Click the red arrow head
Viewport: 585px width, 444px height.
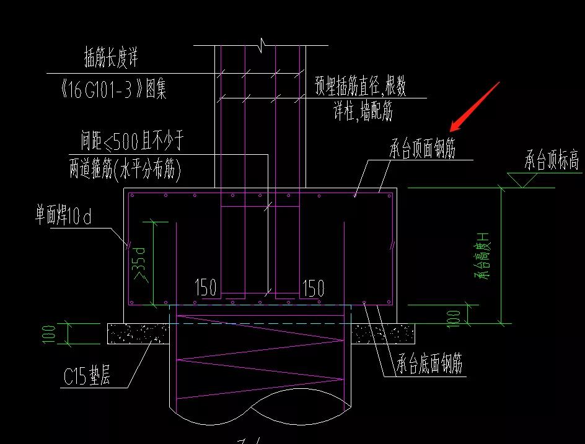456,126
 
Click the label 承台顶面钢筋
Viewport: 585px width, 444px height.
423,147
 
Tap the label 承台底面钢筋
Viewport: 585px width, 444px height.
429,363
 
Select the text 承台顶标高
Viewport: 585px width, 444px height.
552,160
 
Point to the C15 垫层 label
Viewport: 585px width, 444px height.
87,375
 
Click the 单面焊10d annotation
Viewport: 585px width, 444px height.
63,215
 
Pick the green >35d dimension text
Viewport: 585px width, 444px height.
139,264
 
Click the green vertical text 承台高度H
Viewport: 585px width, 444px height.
482,256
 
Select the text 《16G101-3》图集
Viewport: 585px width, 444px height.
113,89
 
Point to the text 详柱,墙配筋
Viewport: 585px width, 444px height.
363,111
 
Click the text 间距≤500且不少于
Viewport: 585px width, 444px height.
133,141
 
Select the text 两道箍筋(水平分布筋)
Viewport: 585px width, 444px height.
125,170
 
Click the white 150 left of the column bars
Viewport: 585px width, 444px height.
206,287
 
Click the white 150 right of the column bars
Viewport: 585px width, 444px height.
313,288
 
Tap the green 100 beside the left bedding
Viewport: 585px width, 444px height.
48,334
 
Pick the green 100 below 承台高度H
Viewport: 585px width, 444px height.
453,319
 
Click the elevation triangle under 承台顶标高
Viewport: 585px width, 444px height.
522,180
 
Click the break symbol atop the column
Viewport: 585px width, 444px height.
262,45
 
